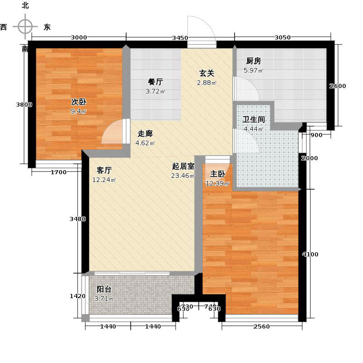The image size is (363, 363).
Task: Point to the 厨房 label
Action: point(253,61)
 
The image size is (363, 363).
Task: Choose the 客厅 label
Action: point(104,170)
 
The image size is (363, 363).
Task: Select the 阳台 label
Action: point(104,289)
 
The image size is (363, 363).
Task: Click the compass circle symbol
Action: point(25,26)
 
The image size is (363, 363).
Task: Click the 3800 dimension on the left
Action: point(24,105)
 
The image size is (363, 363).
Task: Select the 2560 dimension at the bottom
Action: point(261,327)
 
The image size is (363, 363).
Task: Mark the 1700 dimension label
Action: point(59,172)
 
